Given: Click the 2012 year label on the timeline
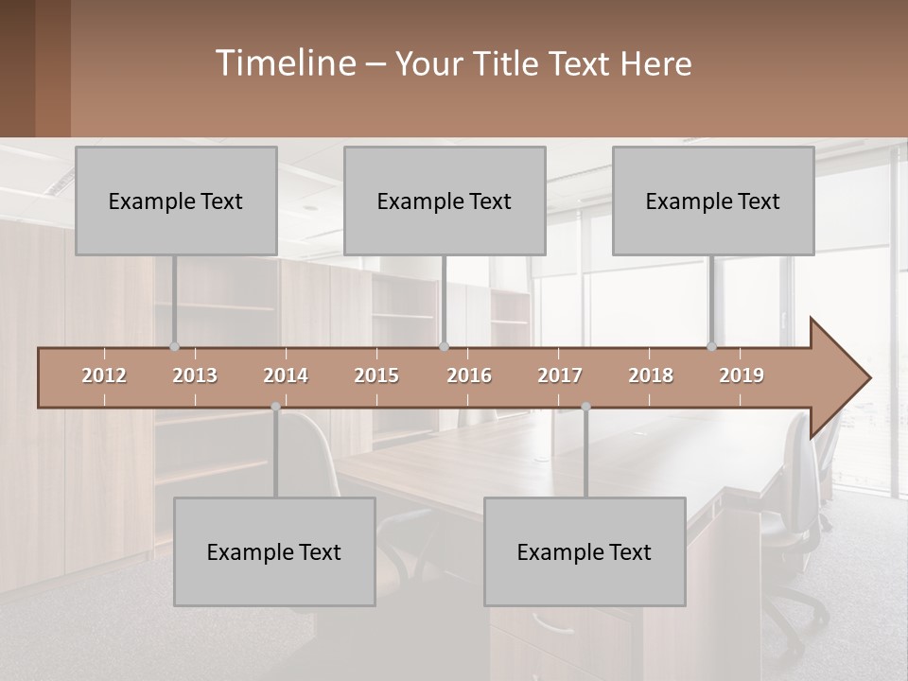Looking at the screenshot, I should [x=104, y=376].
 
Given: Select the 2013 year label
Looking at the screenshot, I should [x=195, y=376].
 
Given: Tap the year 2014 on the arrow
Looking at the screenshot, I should [x=286, y=376].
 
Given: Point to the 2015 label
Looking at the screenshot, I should [x=376, y=376].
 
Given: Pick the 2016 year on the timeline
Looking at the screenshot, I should [x=469, y=376].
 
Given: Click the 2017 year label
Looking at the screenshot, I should [x=560, y=376].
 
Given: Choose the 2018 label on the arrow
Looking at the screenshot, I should [x=651, y=376].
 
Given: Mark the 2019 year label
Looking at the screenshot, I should [x=742, y=376].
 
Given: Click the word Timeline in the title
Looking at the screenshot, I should [x=284, y=63].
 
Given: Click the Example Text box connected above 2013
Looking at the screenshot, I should [x=176, y=201].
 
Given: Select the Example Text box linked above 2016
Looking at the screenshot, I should [x=445, y=201].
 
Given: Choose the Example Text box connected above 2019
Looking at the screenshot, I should [x=713, y=201].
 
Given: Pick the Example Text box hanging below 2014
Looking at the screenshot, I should [x=274, y=551].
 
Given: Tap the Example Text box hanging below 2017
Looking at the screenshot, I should [x=585, y=551].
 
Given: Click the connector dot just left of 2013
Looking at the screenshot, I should [x=174, y=347].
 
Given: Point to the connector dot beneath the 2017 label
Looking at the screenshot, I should [x=585, y=407].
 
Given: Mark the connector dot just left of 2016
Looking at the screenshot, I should [x=445, y=347].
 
